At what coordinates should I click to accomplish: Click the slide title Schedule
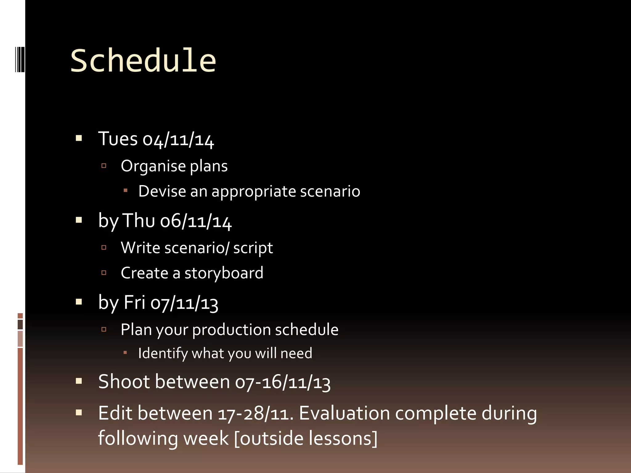[x=143, y=61]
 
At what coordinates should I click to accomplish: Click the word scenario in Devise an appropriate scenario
[x=330, y=191]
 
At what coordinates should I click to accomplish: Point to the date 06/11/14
[x=196, y=221]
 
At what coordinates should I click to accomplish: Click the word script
[x=253, y=248]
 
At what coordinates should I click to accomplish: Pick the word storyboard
[x=224, y=273]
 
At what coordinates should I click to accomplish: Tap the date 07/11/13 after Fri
[x=184, y=303]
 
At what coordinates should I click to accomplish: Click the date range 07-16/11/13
[x=283, y=382]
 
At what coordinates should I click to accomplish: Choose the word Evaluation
[x=344, y=413]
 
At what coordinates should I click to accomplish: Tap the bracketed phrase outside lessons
[x=306, y=439]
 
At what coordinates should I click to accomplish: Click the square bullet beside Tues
[x=79, y=138]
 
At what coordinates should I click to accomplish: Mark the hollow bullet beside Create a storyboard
[x=104, y=273]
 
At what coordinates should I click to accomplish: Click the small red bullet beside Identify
[x=125, y=353]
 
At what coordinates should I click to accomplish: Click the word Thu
[x=139, y=221]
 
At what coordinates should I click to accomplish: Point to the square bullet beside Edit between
[x=79, y=412]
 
